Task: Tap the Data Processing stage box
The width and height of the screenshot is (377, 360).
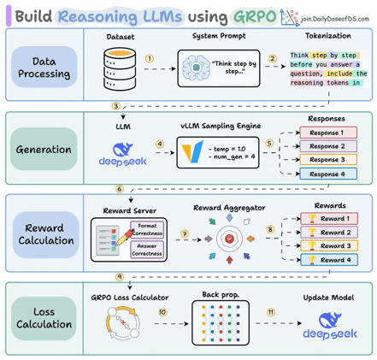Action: [44, 68]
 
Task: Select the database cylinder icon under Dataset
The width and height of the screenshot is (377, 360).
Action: [119, 64]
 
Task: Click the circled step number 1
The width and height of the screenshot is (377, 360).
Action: [150, 59]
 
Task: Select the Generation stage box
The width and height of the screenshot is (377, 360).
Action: [44, 150]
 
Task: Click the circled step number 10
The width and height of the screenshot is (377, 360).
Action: [162, 312]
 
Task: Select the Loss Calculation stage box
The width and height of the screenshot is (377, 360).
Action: [44, 317]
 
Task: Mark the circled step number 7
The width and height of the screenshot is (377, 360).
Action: [185, 233]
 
